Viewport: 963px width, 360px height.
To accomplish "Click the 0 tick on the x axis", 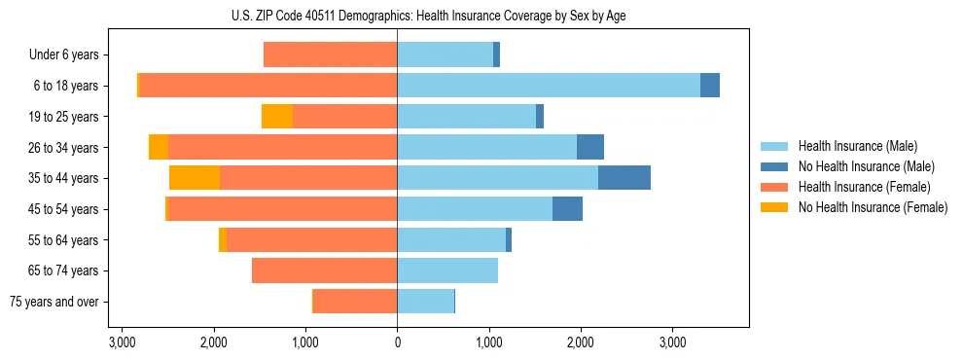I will [397, 342].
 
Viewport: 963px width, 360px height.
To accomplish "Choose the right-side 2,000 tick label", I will [580, 342].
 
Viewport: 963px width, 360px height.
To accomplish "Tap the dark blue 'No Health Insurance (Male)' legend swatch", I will [775, 166].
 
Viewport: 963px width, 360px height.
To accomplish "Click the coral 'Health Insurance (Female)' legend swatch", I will [775, 187].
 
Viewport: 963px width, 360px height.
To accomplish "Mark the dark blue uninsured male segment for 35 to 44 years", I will [624, 178].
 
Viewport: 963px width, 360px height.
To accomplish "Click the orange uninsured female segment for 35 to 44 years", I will [195, 178].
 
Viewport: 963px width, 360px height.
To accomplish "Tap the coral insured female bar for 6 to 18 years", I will [267, 86].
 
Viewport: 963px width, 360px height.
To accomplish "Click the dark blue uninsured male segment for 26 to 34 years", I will [590, 147].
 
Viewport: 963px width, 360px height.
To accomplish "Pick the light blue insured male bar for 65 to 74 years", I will [447, 270].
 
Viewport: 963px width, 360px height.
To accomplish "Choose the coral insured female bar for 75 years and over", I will [355, 302].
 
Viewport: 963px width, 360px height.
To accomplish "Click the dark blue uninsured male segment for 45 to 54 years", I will [567, 209].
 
